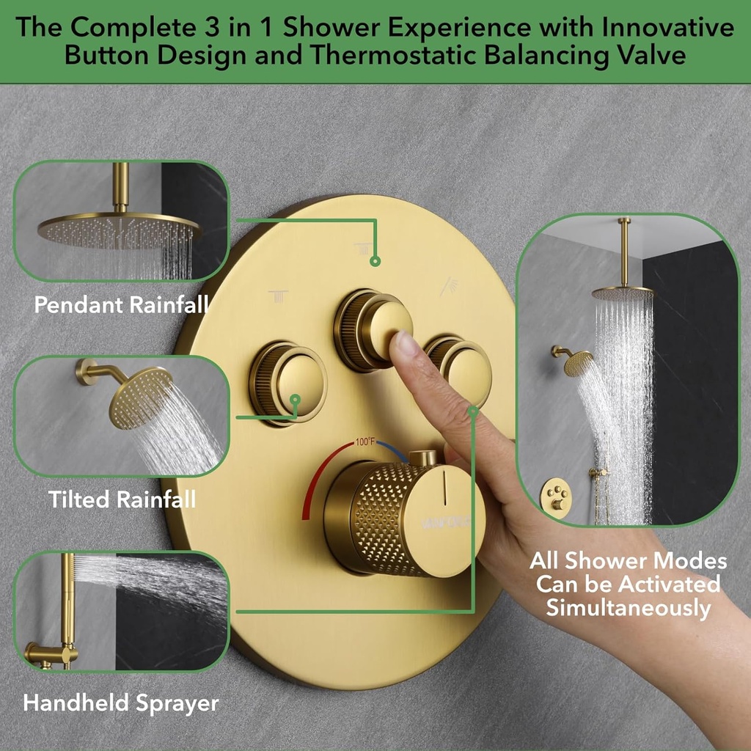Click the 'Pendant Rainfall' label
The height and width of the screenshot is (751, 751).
tap(121, 305)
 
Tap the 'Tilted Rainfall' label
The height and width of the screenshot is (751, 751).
tap(122, 500)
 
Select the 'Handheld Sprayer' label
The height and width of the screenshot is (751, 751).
tap(121, 703)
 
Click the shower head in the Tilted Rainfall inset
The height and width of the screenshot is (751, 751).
tap(139, 396)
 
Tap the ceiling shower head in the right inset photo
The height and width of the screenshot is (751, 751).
tap(622, 293)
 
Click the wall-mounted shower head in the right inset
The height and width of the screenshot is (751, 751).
tap(576, 362)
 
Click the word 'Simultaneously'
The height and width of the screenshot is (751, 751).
tap(629, 608)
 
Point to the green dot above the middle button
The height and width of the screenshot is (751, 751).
tap(375, 260)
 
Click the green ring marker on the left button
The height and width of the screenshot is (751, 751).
tap(296, 400)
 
